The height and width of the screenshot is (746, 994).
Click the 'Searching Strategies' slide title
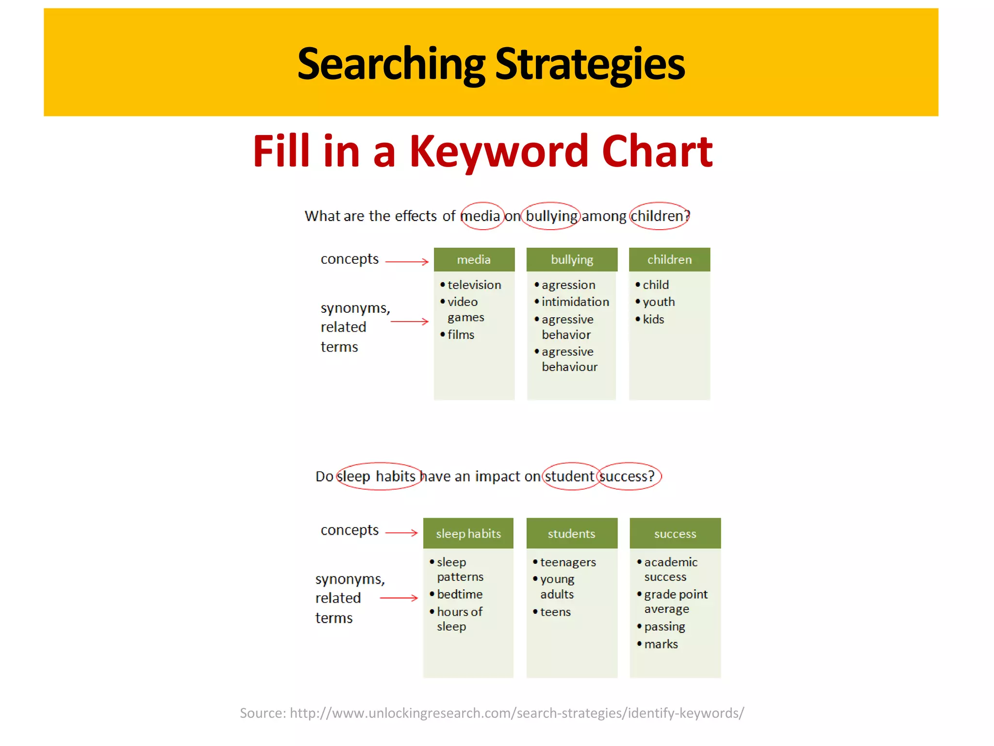tap(491, 64)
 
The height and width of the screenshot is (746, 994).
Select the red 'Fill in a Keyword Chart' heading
tap(482, 152)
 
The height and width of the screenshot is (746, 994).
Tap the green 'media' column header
tap(474, 260)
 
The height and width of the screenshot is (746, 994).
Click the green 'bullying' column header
tap(572, 260)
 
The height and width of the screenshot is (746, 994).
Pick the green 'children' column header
tap(669, 260)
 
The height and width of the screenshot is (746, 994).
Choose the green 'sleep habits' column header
tap(468, 534)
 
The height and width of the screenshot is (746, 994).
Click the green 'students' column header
tap(571, 534)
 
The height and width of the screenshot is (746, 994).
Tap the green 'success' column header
tap(675, 534)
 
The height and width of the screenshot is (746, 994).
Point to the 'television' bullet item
tap(474, 285)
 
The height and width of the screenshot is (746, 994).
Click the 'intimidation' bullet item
tap(575, 302)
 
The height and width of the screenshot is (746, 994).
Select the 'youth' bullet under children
tap(658, 302)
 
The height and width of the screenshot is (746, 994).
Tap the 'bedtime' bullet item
tap(459, 594)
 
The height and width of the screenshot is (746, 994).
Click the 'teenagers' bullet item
tap(567, 562)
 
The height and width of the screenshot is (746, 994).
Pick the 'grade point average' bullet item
tap(675, 602)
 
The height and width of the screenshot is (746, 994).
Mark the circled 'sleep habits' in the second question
tap(377, 476)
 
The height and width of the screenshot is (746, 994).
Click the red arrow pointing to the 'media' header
tap(407, 262)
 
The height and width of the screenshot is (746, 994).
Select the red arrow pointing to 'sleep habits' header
tap(401, 533)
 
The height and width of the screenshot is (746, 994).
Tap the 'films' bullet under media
tap(460, 335)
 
